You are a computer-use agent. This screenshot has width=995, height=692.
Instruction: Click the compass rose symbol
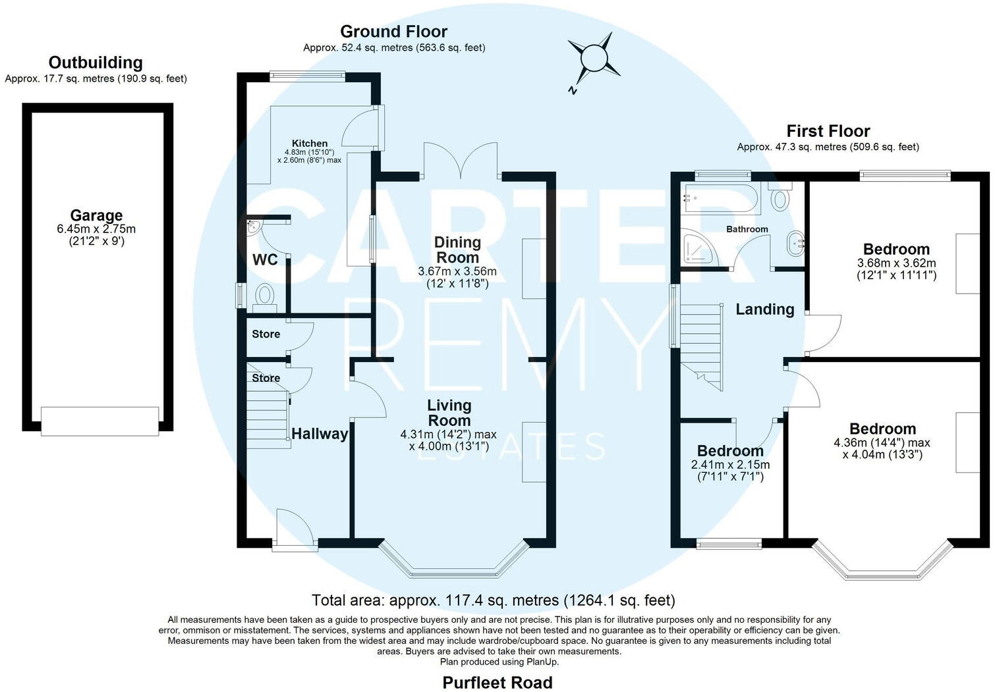point(594,58)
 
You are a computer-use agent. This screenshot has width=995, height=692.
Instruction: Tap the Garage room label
point(97,215)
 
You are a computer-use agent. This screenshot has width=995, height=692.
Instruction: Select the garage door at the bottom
point(99,421)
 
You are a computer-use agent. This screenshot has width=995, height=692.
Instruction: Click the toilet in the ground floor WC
point(264,294)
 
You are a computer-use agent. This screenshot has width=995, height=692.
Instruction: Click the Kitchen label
point(310,144)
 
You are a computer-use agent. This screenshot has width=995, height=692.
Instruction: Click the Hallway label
point(320,434)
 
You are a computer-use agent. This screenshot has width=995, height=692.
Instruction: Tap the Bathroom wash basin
point(795,244)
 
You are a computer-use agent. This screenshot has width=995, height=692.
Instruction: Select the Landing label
point(765,309)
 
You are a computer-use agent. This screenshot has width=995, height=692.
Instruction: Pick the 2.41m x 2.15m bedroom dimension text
point(730,470)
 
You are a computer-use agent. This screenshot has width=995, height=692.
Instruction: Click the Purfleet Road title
point(497,682)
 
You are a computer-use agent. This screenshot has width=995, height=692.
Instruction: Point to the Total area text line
point(494,600)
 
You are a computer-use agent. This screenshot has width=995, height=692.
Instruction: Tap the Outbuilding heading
point(96,63)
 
